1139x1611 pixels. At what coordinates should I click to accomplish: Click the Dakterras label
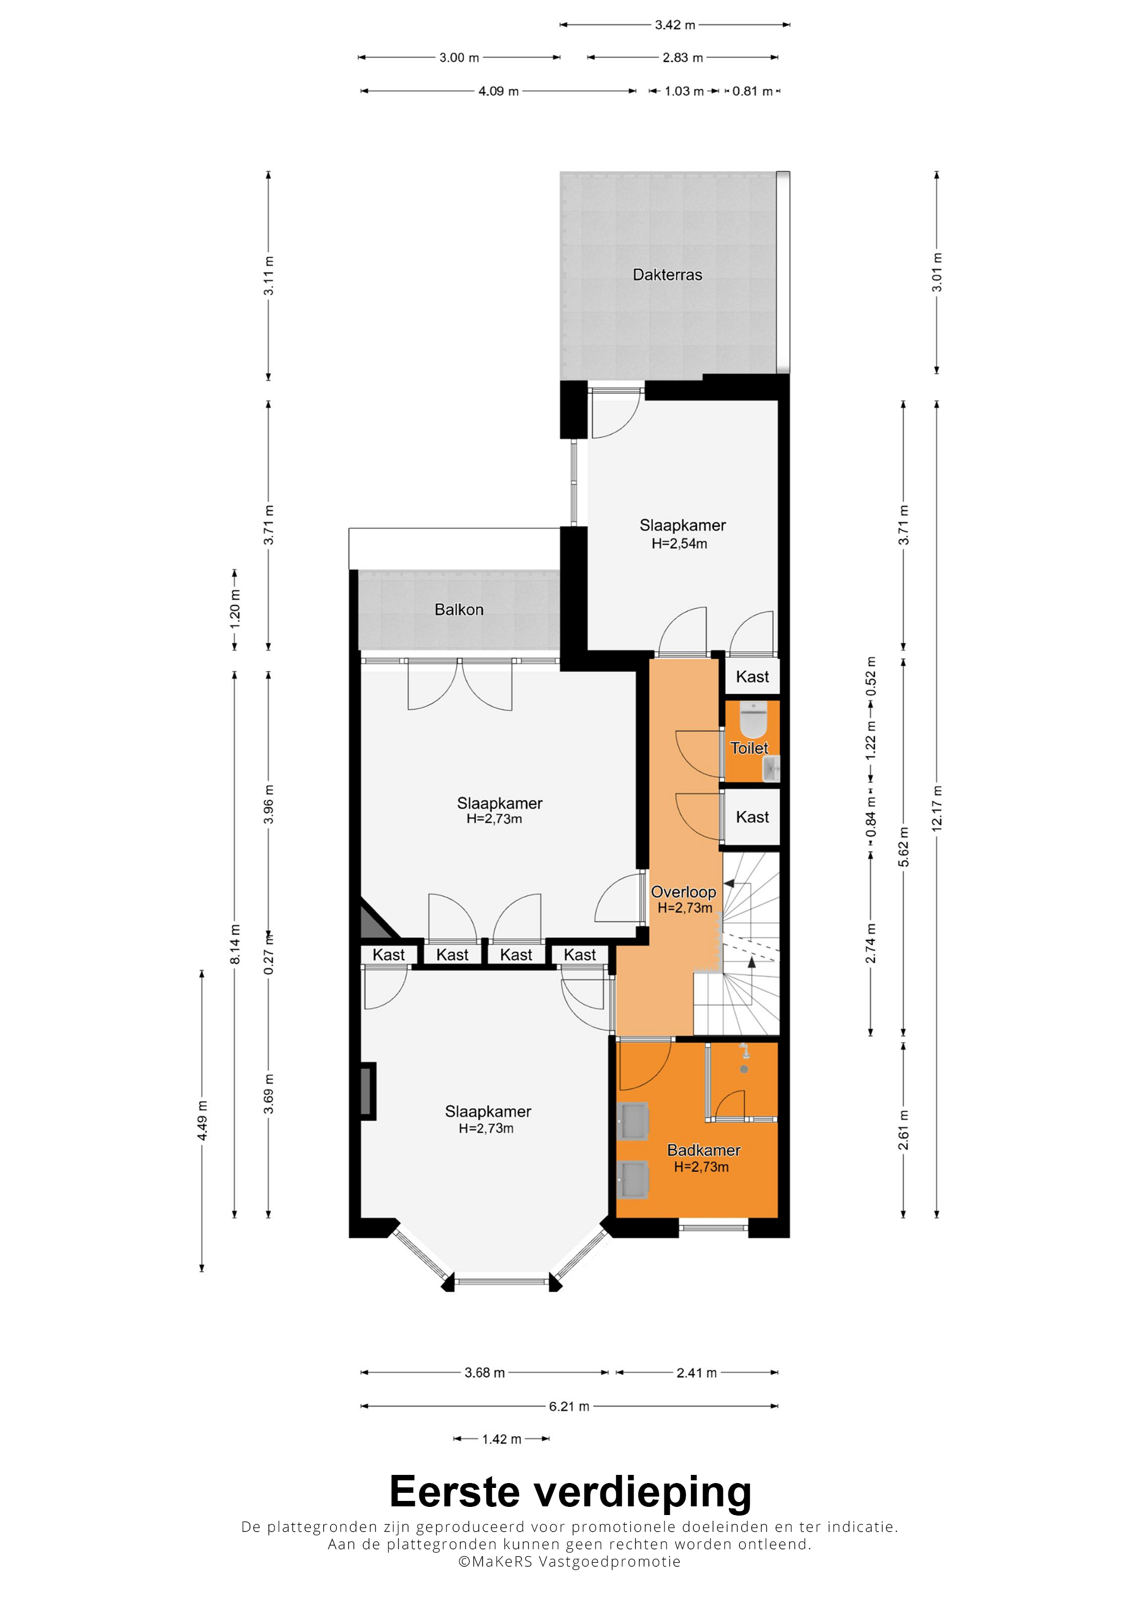(667, 274)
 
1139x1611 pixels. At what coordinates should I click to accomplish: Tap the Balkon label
(459, 609)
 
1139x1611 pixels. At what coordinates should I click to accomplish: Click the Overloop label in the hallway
(683, 892)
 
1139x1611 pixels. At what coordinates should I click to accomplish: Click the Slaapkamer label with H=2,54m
(682, 525)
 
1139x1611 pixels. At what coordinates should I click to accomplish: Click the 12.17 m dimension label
(937, 809)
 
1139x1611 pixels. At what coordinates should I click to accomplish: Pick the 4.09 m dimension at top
(498, 91)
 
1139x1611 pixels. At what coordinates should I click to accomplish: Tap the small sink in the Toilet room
(771, 768)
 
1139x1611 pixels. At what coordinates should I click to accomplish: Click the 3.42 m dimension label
(675, 25)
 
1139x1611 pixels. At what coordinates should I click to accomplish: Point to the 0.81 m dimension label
(752, 91)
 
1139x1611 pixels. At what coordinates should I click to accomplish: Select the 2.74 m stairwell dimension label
(871, 944)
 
